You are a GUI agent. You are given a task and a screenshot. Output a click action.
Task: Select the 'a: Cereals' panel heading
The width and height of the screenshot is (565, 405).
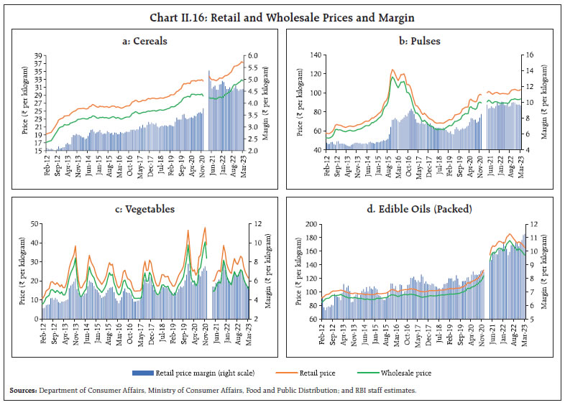pos(145,40)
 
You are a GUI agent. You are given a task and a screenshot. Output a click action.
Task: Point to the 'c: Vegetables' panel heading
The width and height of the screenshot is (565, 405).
pos(145,209)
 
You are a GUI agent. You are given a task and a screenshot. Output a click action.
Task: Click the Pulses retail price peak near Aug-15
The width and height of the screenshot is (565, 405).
pos(393,70)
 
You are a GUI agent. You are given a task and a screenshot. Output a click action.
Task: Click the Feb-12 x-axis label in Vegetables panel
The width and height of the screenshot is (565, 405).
pos(45,335)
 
